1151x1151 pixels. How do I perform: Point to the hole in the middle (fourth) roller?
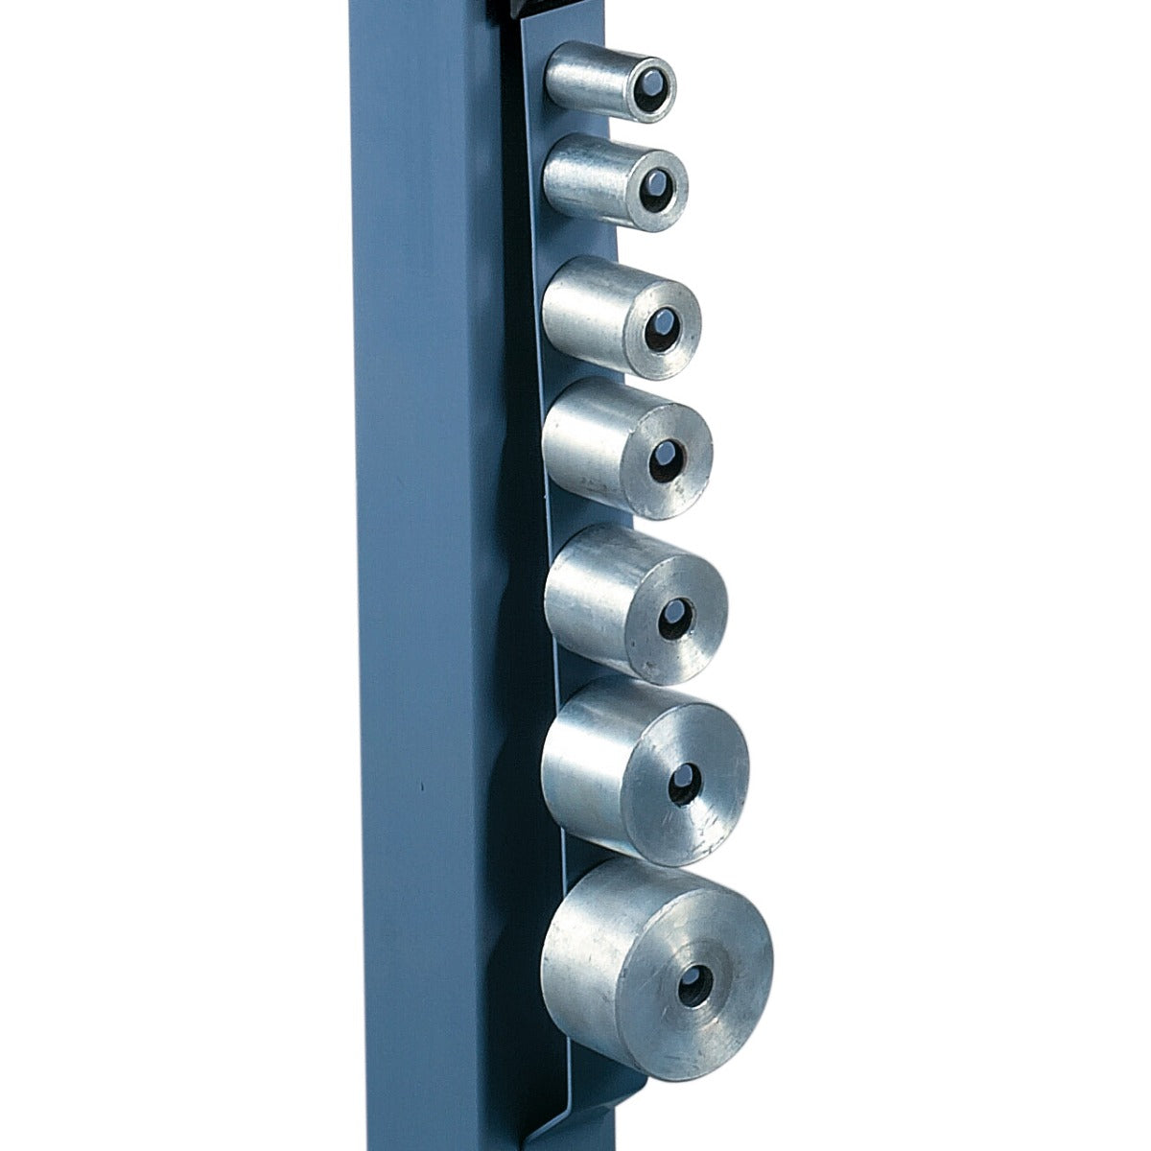[x=664, y=458]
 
